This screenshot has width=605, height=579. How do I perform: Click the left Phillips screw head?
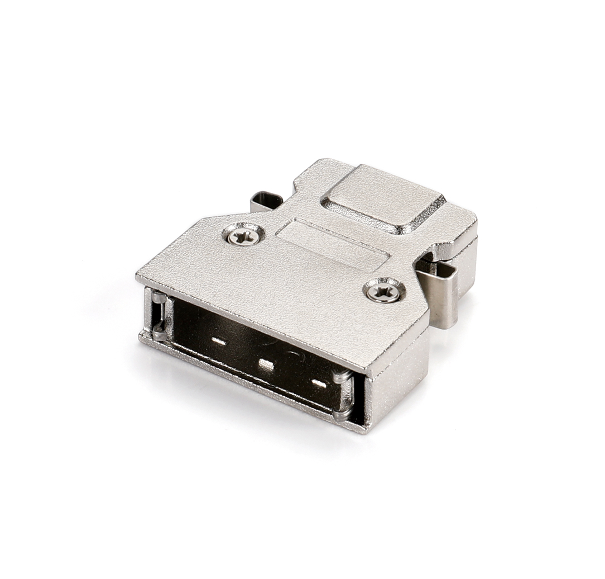(243, 236)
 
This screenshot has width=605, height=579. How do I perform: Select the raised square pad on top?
(383, 197)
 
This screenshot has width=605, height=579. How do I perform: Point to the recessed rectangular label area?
(333, 245)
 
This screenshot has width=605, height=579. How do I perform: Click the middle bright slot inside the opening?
(266, 365)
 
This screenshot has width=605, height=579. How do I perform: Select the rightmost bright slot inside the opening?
(319, 384)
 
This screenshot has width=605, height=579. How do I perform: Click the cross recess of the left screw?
(243, 236)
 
